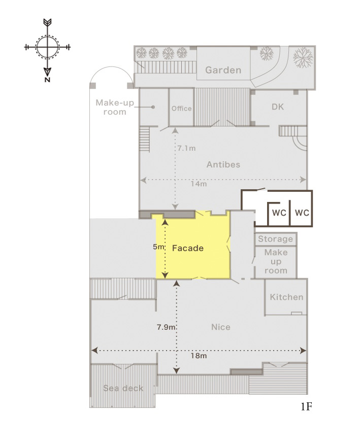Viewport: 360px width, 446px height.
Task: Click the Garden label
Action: click(223, 70)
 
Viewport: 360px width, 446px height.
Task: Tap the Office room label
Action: click(181, 109)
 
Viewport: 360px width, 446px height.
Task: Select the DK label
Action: click(278, 107)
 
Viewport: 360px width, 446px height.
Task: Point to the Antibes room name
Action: click(223, 164)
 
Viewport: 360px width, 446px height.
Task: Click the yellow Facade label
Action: click(188, 248)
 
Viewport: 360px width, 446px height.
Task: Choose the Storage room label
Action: click(276, 239)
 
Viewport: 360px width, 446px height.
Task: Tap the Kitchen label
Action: click(286, 297)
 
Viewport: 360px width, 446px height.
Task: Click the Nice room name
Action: click(221, 327)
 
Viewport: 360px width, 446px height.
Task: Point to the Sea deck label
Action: click(123, 388)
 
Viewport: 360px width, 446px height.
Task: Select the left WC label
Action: click(279, 213)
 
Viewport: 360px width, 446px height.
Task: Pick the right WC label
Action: click(302, 213)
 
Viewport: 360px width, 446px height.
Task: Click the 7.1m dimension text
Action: click(186, 148)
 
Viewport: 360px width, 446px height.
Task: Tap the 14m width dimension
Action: click(199, 184)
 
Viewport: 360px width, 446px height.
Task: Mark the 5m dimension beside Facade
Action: click(158, 247)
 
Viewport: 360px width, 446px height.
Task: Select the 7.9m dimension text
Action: click(166, 327)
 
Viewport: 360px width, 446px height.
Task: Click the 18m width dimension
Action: click(199, 356)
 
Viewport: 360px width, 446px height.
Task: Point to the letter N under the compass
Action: click(47, 80)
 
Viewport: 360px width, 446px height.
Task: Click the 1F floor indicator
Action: click(306, 407)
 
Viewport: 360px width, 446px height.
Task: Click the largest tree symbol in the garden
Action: click(303, 57)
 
